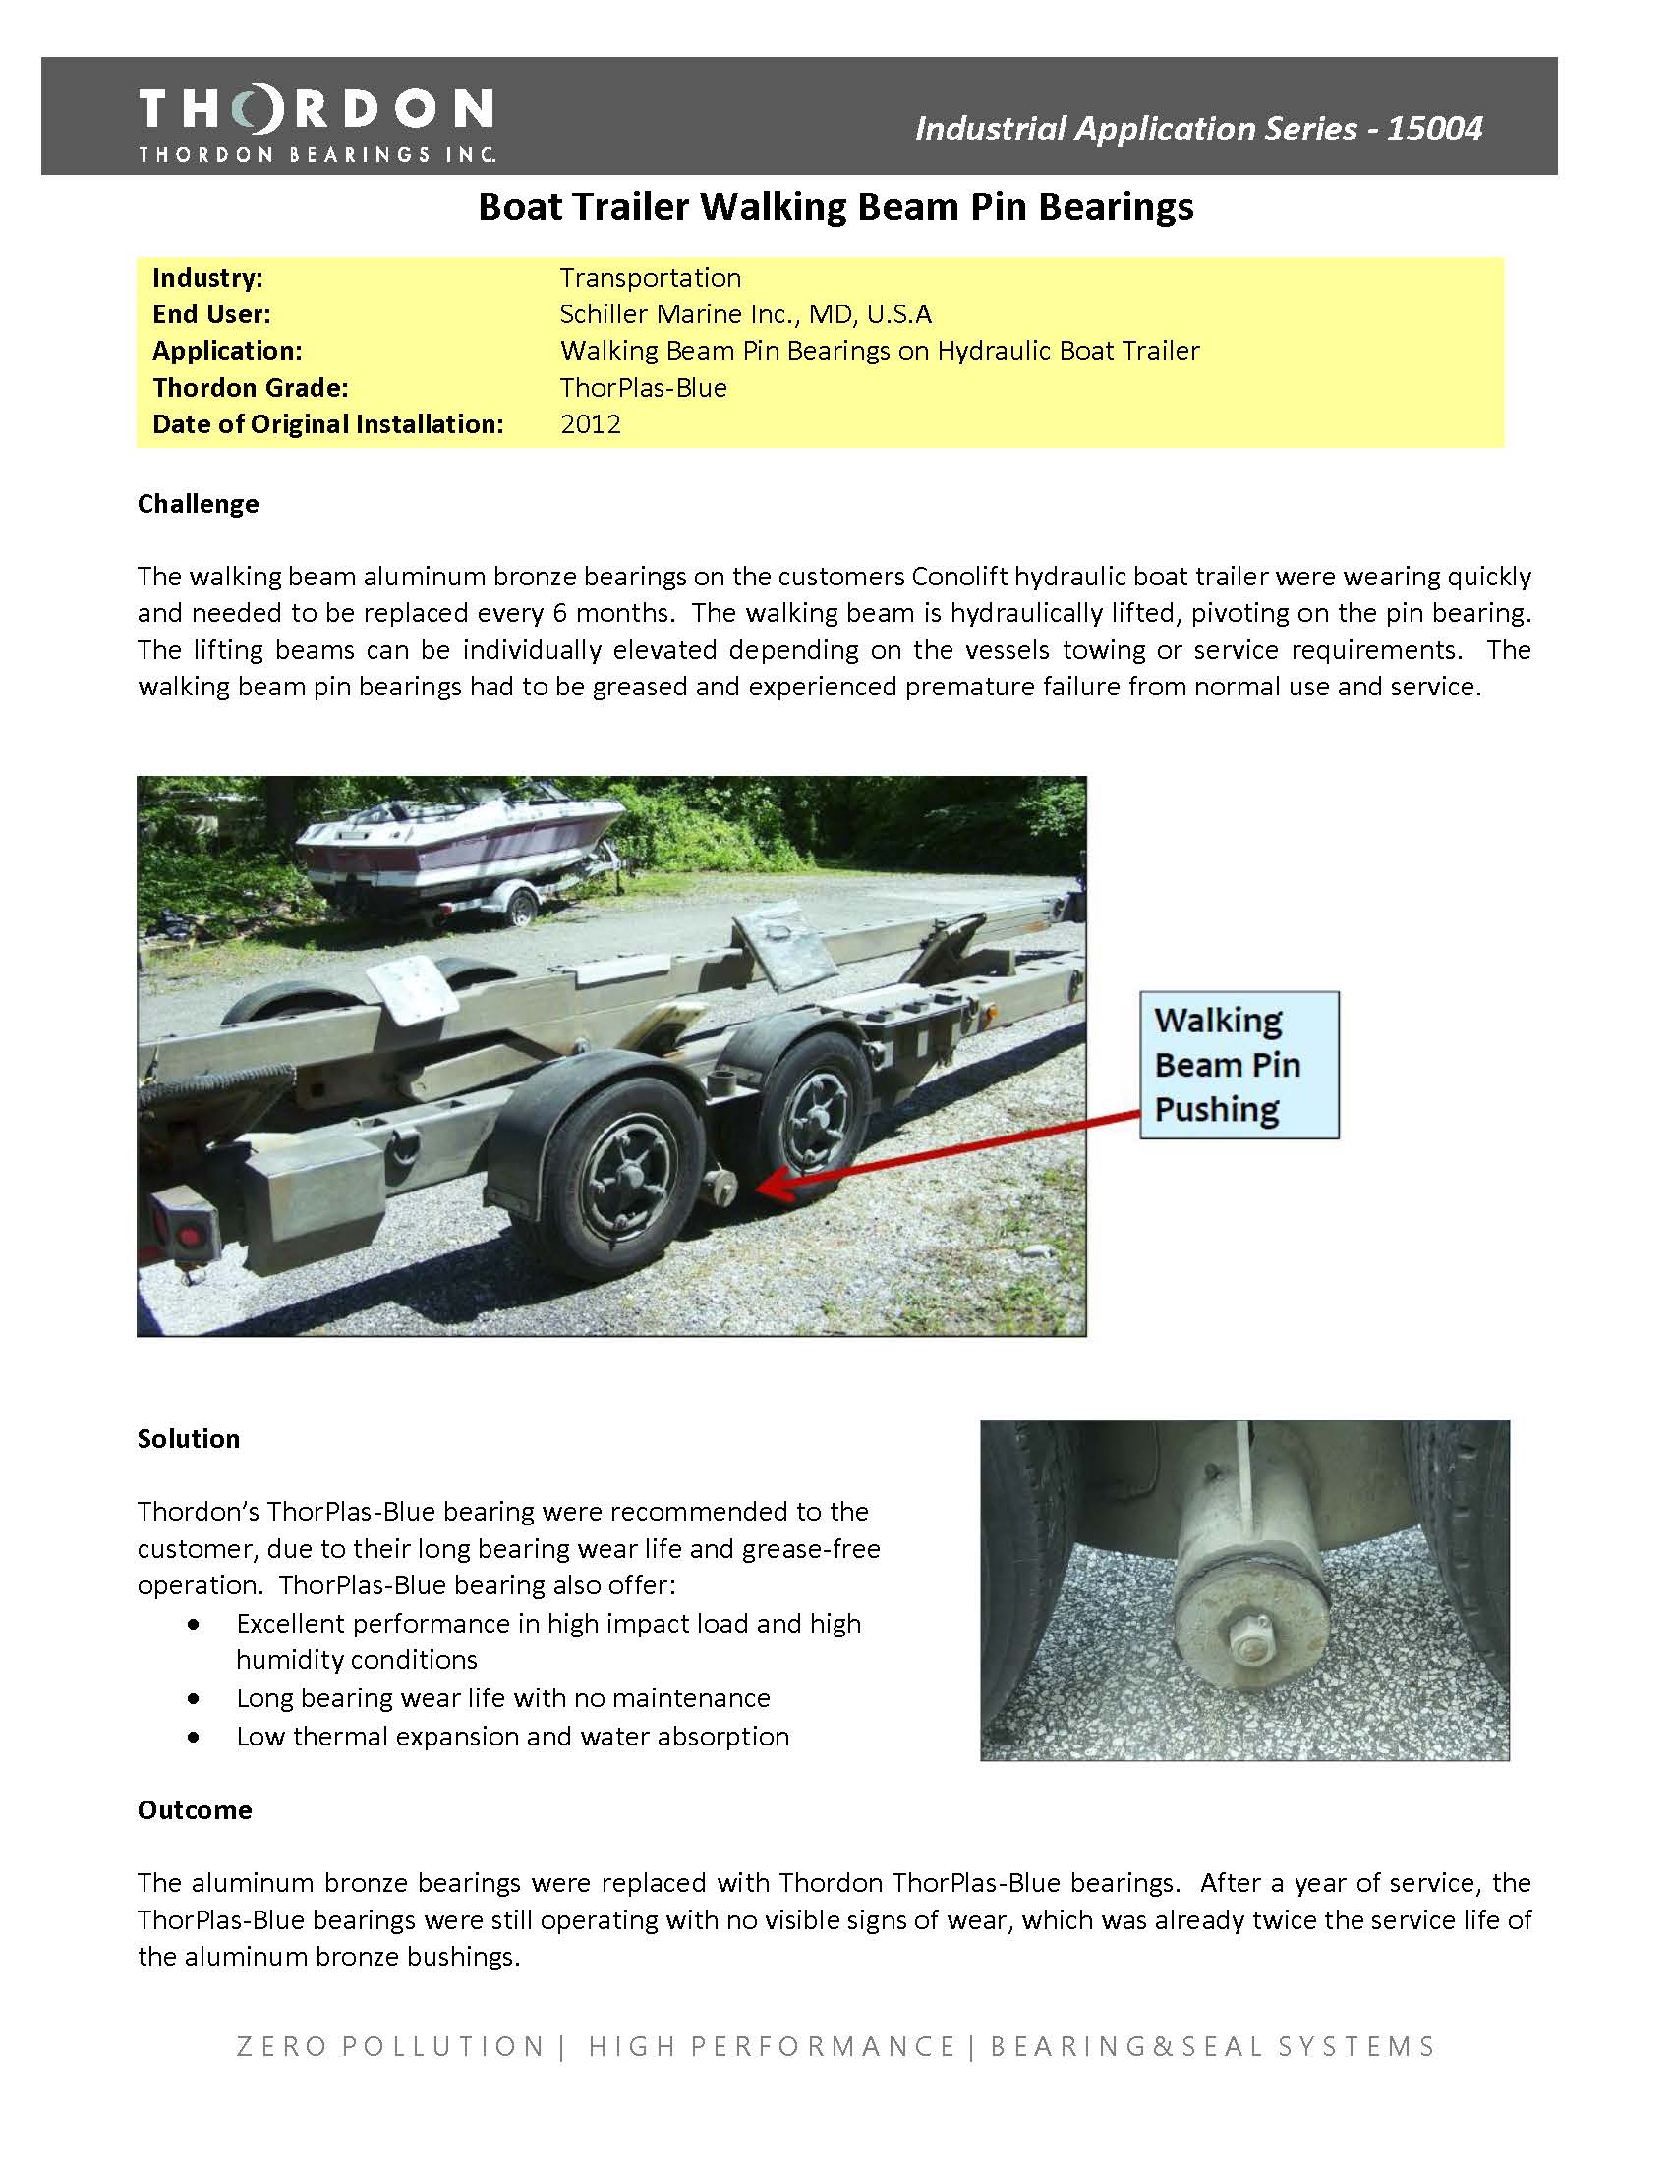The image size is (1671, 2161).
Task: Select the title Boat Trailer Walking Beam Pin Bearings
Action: [835, 207]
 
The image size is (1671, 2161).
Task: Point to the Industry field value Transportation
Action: [650, 278]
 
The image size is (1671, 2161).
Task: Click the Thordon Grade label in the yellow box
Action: [250, 388]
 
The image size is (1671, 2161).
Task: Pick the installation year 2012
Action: [590, 424]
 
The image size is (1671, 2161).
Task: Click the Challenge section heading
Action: [198, 504]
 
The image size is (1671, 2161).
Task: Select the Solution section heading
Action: [188, 1439]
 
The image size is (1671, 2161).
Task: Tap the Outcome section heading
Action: [194, 1809]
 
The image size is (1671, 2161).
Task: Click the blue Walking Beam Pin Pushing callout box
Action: [1239, 1065]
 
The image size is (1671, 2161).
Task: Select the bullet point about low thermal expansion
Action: [512, 1737]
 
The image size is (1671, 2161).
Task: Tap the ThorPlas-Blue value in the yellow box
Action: [644, 388]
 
